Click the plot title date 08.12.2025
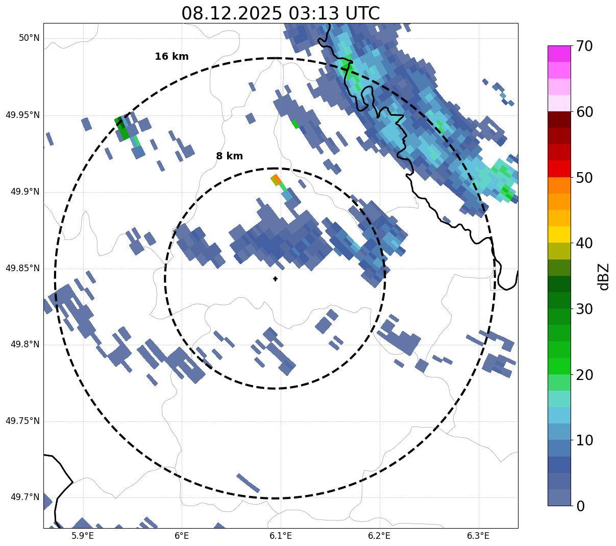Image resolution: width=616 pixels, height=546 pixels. coord(231,13)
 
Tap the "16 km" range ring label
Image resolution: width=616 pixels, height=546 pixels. coord(171,57)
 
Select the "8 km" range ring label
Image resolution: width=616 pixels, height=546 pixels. coord(229,156)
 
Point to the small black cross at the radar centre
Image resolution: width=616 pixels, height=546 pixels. coord(275,278)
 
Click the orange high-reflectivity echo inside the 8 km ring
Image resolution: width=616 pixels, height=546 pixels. coord(276,179)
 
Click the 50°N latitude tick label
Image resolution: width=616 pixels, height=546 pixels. coord(29,38)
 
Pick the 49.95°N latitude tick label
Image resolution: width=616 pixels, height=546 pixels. coord(22,115)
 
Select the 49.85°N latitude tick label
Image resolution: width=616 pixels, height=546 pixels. coord(22,268)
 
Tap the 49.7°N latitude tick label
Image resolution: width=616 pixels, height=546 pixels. coord(24,497)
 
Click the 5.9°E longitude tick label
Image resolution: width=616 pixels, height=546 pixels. coord(83,536)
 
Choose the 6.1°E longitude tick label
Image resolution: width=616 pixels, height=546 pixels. coord(280,536)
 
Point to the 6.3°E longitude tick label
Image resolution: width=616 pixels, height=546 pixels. coord(478,536)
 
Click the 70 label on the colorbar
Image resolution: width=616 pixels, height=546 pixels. coord(584,46)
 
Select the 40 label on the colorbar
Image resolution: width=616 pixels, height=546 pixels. coord(584,243)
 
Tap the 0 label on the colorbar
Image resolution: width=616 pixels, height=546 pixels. coord(581,506)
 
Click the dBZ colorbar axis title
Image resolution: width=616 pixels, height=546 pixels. coord(604,276)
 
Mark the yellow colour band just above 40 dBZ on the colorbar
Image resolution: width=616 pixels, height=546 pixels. coord(559,234)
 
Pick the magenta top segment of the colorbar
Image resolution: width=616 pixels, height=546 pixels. coord(559,54)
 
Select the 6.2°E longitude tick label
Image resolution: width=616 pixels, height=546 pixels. coord(379,536)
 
